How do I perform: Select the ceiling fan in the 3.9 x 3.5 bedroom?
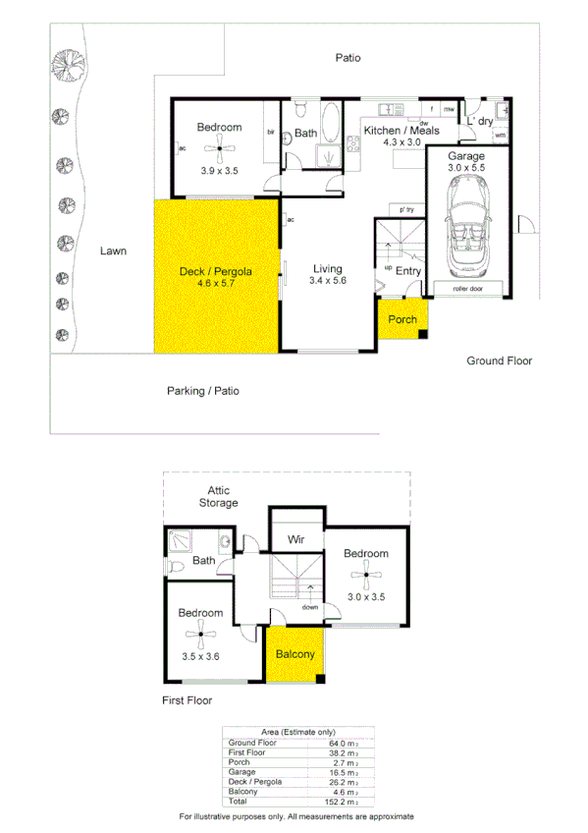[219, 148]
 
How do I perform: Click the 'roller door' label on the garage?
[467, 290]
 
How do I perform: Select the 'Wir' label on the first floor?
[296, 539]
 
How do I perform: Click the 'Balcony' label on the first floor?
[294, 654]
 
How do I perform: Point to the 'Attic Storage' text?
[218, 496]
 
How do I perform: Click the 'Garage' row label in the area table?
[241, 772]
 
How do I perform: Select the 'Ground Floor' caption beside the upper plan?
[499, 361]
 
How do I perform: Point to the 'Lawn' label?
[113, 251]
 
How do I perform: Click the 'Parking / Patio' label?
[202, 391]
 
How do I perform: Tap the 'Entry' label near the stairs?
[408, 271]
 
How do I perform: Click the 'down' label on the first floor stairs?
[311, 606]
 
